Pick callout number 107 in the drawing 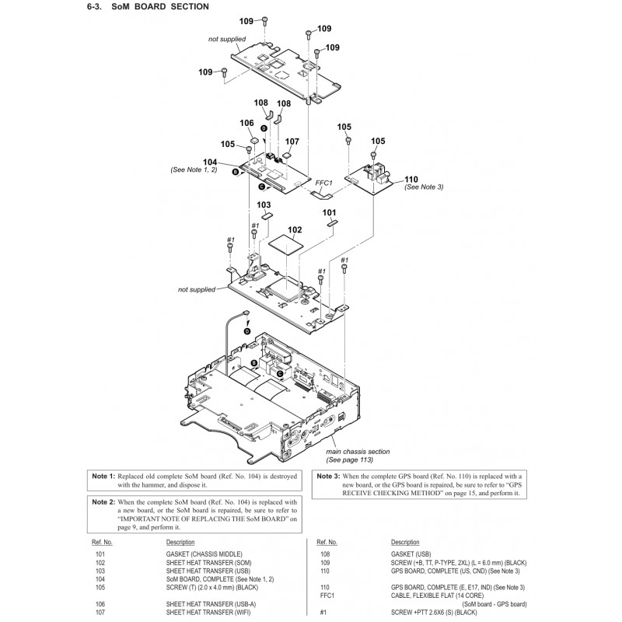292,142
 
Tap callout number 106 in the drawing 247,123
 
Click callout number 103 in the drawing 264,204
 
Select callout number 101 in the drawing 329,211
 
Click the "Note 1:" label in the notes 103,475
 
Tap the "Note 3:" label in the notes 326,475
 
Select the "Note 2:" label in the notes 103,502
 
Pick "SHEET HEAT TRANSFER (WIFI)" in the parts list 204,613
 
